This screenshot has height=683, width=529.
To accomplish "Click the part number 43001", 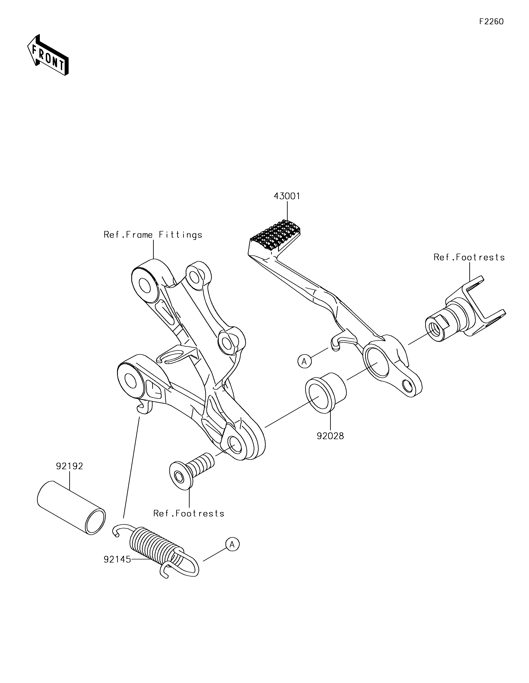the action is [x=287, y=196].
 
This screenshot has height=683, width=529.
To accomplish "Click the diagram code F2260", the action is [x=491, y=22].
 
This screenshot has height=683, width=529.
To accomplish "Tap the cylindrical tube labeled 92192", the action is [x=71, y=508].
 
